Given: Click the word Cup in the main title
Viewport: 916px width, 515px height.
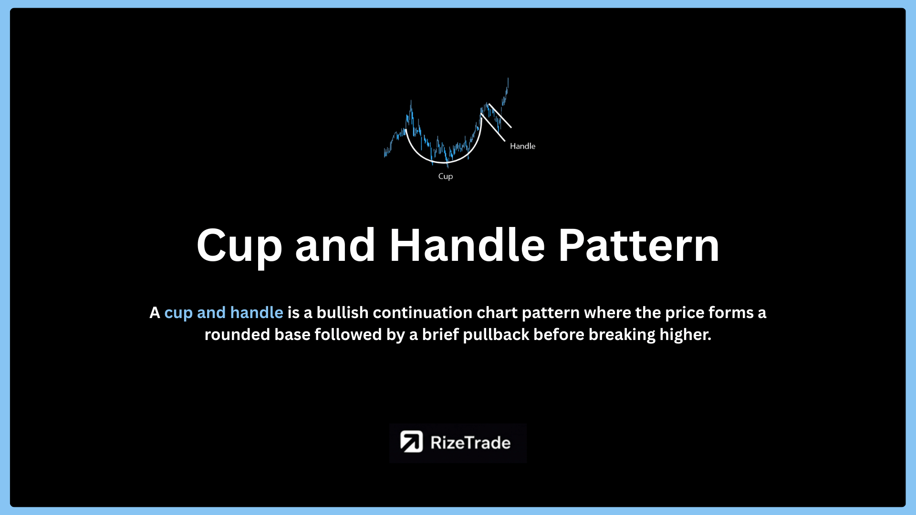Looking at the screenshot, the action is click(239, 246).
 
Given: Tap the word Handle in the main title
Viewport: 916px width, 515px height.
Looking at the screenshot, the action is click(467, 245).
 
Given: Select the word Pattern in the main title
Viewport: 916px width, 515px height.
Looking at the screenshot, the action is click(639, 246).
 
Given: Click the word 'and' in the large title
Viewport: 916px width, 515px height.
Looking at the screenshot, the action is click(335, 245).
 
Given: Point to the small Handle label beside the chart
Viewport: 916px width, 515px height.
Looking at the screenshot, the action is click(522, 146).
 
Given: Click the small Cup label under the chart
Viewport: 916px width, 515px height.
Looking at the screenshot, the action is click(446, 176).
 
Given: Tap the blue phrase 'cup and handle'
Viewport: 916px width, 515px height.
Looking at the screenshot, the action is click(224, 313).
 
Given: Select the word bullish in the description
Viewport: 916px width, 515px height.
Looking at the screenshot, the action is click(343, 313).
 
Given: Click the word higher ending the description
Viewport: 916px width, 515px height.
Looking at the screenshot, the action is click(685, 335).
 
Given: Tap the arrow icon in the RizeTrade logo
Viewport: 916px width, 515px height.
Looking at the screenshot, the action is click(411, 442).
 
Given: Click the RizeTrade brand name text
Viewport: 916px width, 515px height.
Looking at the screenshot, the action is click(470, 443).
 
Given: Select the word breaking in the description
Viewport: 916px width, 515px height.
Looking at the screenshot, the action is click(622, 335).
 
